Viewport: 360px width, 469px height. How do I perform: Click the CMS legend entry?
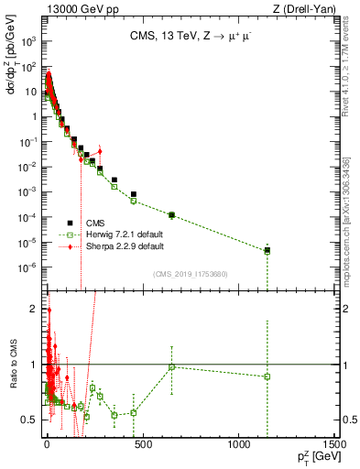tap(96, 223)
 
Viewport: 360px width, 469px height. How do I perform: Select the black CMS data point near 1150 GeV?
tap(267, 250)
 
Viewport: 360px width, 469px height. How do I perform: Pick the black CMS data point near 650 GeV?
tap(171, 214)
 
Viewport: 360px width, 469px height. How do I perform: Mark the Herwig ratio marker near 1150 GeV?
tap(267, 376)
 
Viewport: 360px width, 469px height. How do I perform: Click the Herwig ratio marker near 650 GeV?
tap(171, 367)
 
